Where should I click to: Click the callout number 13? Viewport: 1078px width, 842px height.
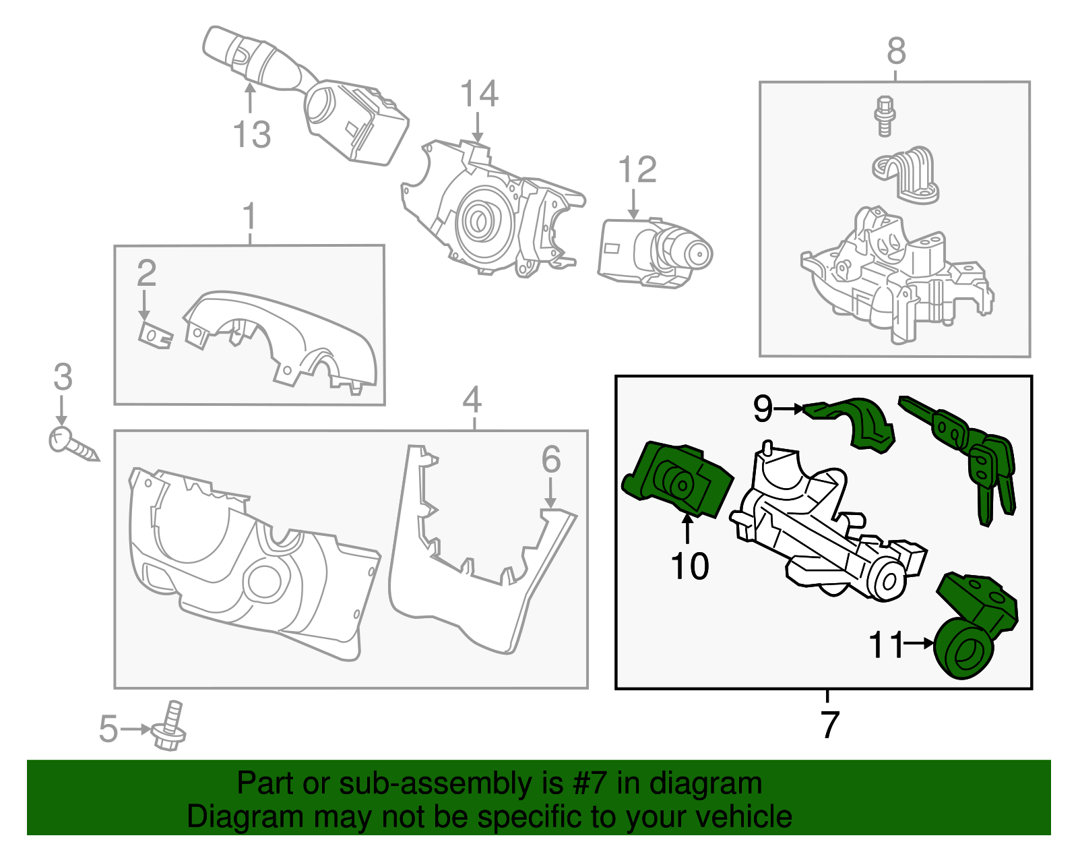click(252, 134)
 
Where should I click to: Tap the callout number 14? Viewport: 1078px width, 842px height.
click(479, 94)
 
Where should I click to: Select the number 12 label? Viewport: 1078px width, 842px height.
click(637, 170)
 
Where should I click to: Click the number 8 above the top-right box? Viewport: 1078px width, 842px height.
click(896, 51)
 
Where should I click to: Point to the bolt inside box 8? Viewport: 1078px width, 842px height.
click(884, 116)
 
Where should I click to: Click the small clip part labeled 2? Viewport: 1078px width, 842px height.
click(154, 334)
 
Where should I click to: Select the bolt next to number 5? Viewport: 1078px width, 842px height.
click(170, 727)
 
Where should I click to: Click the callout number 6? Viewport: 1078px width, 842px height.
click(551, 460)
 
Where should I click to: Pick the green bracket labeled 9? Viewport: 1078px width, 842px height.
click(855, 421)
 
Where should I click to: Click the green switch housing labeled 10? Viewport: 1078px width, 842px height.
click(677, 481)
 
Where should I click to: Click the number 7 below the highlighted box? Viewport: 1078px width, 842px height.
click(829, 725)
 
